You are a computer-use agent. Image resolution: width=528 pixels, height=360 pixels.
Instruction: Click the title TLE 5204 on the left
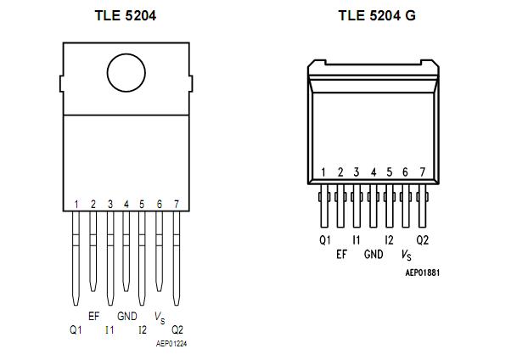click(125, 15)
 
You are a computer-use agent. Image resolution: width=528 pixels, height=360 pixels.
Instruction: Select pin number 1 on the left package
click(76, 204)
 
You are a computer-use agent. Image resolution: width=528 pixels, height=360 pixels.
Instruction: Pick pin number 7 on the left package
click(176, 204)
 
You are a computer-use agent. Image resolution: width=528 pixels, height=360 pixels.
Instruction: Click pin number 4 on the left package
click(126, 204)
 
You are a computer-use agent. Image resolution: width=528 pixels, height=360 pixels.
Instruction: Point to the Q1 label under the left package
click(76, 329)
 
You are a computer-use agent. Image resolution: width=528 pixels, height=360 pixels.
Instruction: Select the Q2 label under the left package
click(177, 329)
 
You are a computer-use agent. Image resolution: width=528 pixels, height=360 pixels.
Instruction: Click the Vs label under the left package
click(160, 317)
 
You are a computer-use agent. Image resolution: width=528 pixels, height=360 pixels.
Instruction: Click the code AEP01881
click(422, 273)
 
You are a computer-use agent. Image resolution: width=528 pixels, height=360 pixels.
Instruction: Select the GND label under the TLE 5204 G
click(374, 254)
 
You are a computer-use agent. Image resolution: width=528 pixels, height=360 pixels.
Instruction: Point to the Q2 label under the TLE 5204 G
click(422, 240)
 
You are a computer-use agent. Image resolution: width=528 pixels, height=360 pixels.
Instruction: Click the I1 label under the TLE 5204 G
click(357, 240)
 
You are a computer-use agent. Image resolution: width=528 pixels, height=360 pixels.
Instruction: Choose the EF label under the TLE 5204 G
click(341, 254)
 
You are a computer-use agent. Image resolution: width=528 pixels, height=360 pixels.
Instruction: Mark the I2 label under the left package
click(143, 329)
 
